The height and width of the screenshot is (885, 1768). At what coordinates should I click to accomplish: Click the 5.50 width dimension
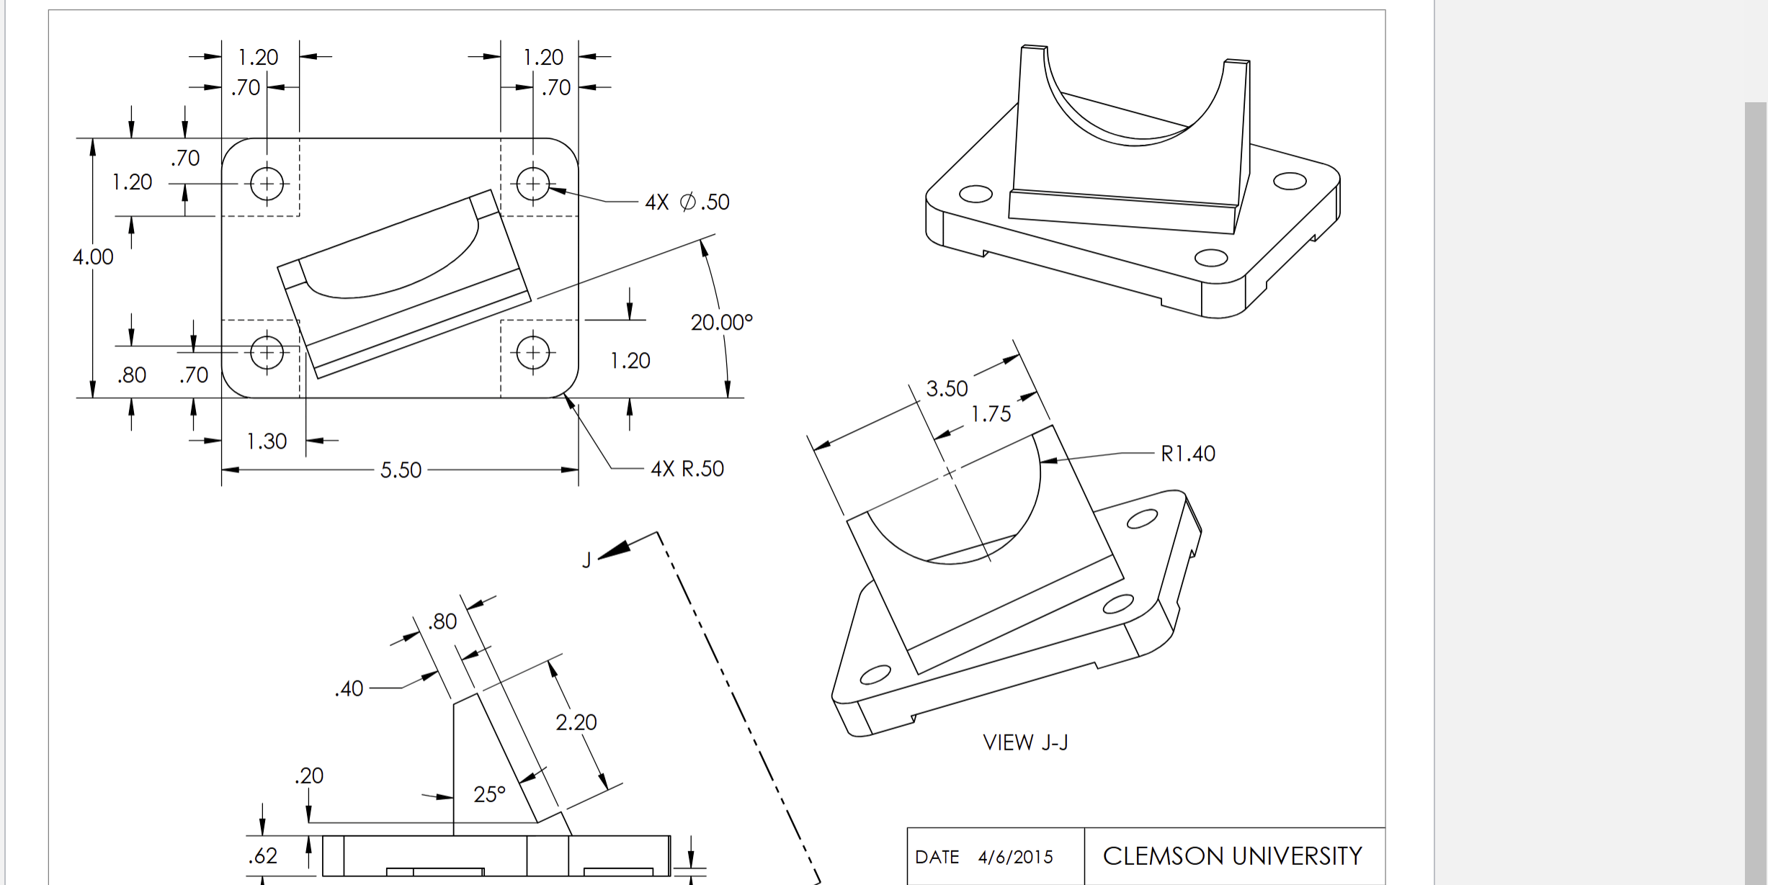401,470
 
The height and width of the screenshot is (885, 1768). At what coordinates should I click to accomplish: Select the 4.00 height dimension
93,257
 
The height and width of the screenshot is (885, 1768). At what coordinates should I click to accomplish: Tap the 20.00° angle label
721,323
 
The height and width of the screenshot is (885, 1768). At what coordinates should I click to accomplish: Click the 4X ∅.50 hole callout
687,202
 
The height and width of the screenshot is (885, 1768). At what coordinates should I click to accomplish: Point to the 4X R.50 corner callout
687,469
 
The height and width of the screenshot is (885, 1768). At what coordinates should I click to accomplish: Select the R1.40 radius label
1187,454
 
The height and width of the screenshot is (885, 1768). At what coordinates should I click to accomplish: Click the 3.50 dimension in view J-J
947,389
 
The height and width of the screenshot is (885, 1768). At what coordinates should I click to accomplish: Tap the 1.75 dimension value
991,414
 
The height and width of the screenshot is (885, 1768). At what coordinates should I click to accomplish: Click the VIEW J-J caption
1025,742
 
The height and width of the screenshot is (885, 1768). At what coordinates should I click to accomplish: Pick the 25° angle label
489,795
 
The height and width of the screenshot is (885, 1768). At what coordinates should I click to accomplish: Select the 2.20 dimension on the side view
576,722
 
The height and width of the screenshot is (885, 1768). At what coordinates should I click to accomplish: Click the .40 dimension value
349,689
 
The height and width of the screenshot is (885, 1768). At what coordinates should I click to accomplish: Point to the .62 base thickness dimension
263,855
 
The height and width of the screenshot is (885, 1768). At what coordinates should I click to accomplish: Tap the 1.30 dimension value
267,441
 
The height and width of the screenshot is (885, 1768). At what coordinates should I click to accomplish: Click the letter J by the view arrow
586,560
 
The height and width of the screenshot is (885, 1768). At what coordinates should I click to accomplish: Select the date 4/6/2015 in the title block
1015,857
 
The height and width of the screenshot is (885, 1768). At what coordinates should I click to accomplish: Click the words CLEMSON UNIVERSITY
1232,856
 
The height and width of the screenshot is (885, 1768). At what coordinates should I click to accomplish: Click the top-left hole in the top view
267,184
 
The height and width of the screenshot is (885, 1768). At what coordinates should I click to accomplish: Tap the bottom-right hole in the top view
533,353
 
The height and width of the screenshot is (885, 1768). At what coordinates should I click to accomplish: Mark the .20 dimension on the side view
309,776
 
